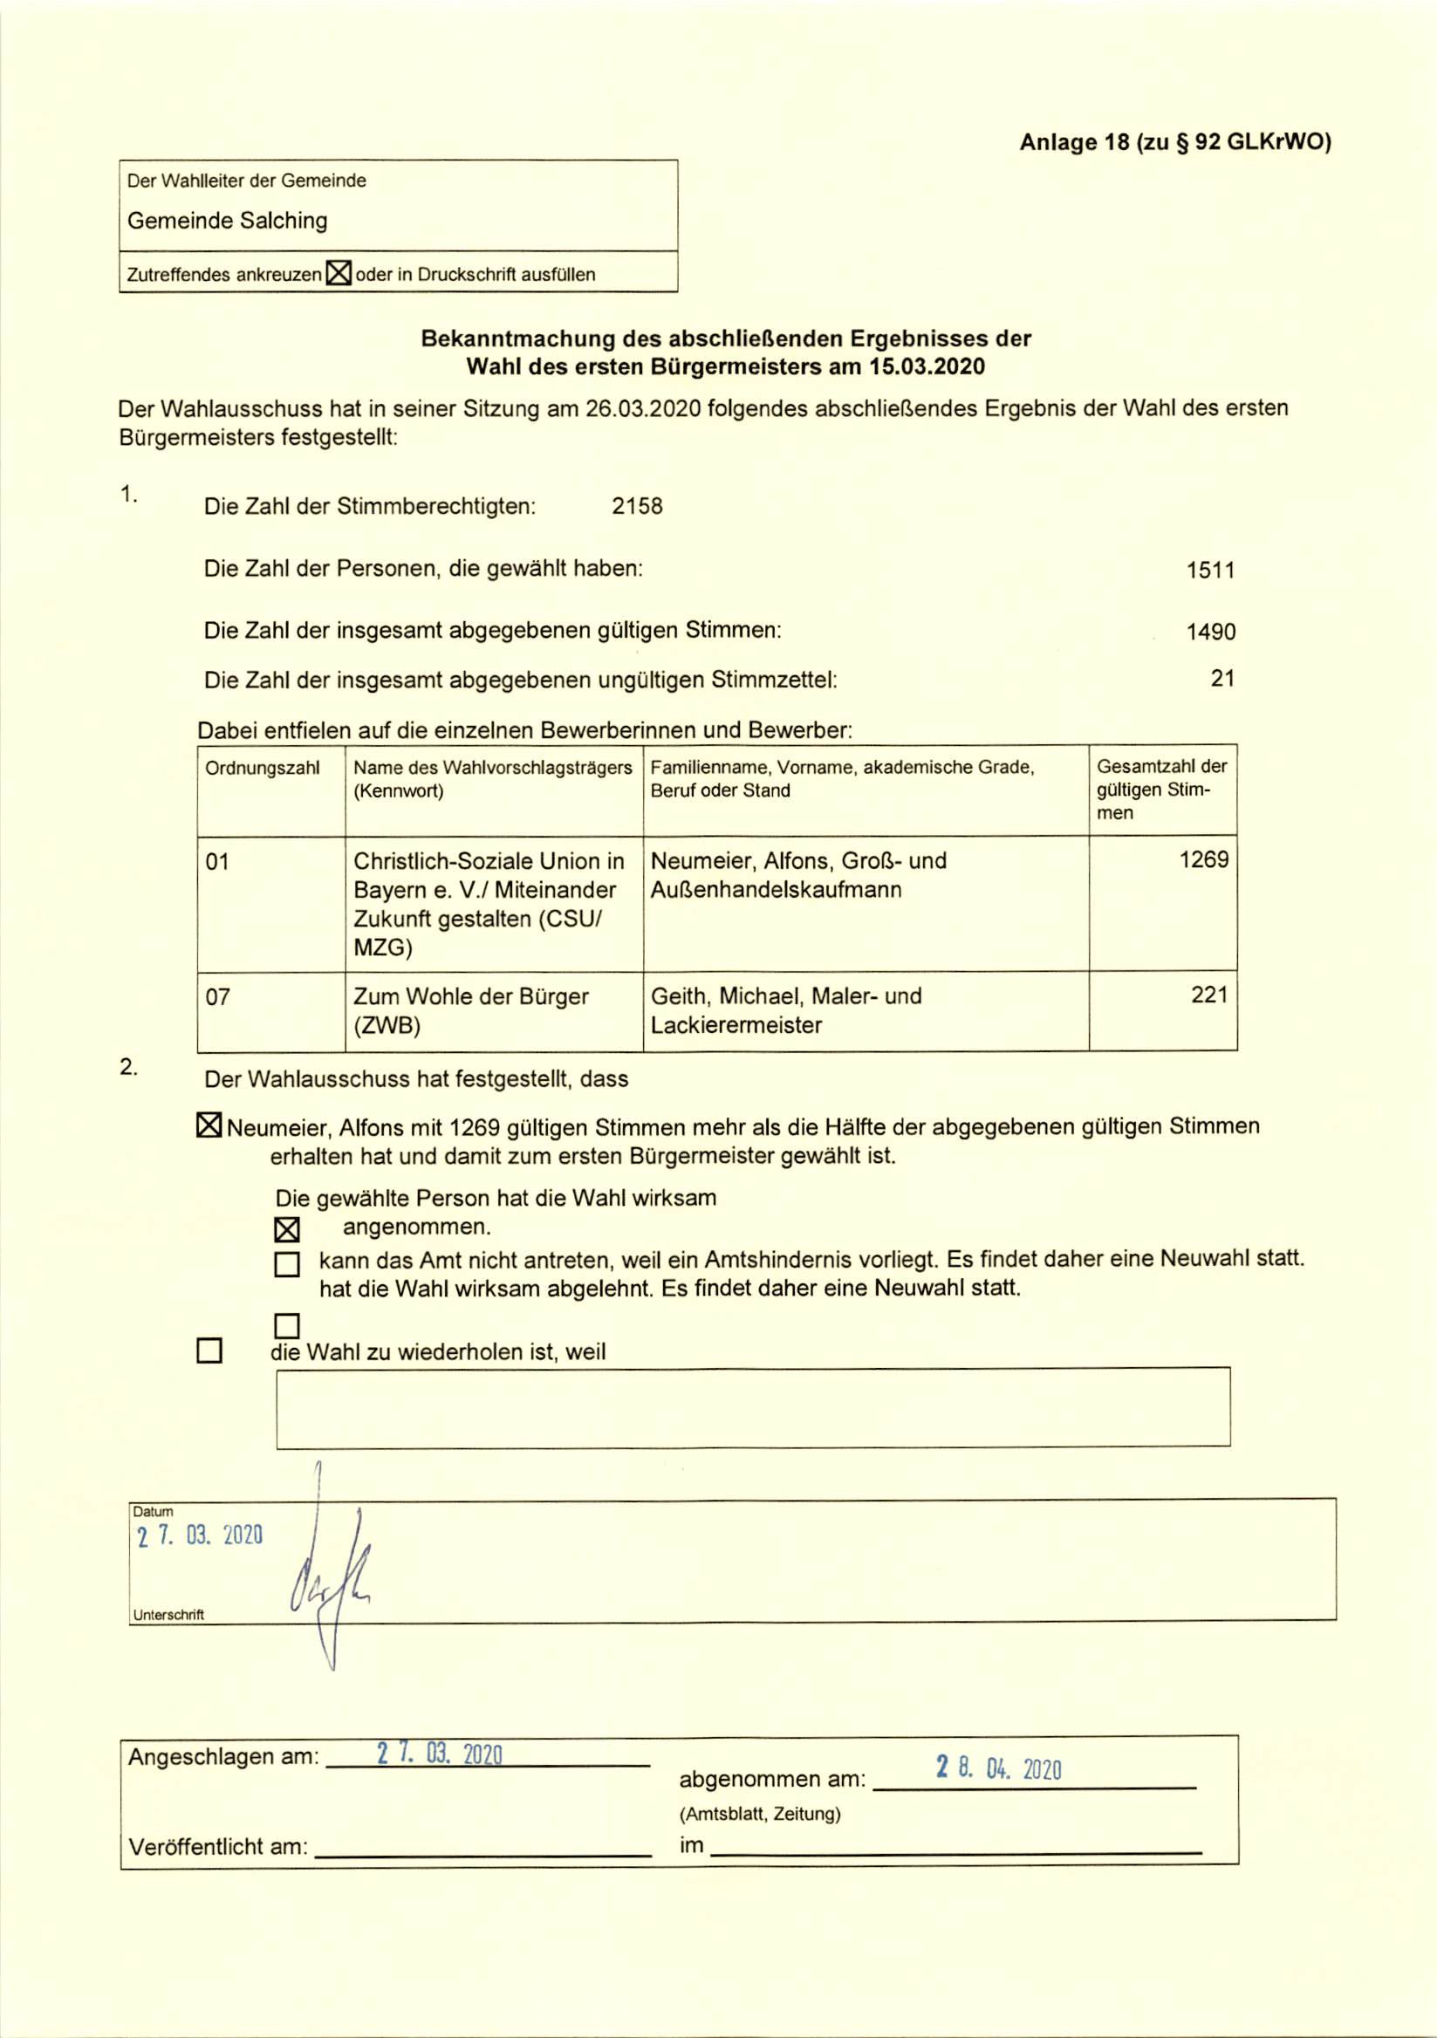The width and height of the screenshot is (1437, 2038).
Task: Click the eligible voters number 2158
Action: click(x=637, y=506)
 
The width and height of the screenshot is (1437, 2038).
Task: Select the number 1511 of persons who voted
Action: click(x=1211, y=570)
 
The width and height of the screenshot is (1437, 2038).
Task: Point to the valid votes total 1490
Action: click(x=1211, y=632)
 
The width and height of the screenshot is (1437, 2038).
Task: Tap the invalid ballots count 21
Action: click(x=1222, y=678)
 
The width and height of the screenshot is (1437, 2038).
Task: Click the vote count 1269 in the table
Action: click(x=1203, y=859)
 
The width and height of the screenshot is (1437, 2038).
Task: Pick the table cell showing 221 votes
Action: click(x=1209, y=995)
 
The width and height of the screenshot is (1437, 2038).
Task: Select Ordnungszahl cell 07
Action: click(x=218, y=997)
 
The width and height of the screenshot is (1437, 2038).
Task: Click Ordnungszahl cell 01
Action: click(x=217, y=861)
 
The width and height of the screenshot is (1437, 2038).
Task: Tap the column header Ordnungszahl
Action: click(x=262, y=768)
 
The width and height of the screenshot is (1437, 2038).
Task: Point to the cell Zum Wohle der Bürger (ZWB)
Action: click(x=470, y=1010)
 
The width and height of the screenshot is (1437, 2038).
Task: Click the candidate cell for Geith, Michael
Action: click(x=785, y=1010)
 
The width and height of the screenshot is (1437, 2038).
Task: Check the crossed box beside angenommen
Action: click(x=287, y=1229)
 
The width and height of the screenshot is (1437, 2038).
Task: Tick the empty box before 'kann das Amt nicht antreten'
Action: click(x=287, y=1264)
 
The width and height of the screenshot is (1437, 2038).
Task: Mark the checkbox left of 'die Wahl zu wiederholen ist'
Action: click(x=209, y=1351)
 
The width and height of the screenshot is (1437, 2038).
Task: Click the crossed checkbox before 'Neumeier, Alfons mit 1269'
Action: click(x=209, y=1126)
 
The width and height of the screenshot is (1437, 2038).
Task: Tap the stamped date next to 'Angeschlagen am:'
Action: click(x=440, y=1754)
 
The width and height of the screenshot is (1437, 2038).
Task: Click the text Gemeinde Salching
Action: click(x=227, y=220)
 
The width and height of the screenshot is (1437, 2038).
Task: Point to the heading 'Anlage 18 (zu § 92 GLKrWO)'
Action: click(x=1175, y=142)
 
